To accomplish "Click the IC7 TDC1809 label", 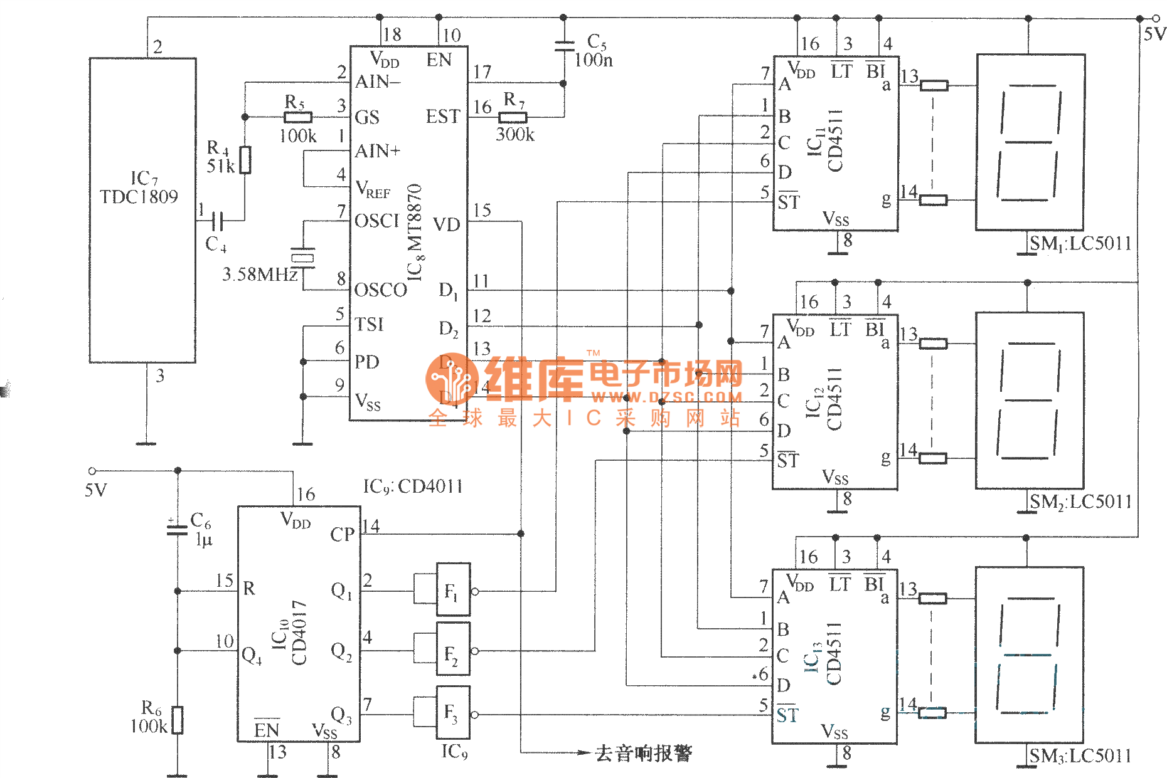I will click(x=139, y=187).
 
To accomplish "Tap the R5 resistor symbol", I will click(x=298, y=117).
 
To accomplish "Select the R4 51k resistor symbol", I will click(x=245, y=160).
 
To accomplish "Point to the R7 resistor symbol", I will click(x=513, y=117).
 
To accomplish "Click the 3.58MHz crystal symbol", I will click(x=303, y=257).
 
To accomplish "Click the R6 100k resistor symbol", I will click(x=178, y=720).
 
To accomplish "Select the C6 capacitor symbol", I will click(x=178, y=530).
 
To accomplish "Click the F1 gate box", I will click(x=452, y=591).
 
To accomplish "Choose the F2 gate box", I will click(x=452, y=651).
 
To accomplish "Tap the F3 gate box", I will click(x=452, y=714).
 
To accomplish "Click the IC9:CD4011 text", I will click(x=413, y=486).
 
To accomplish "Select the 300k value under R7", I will click(x=515, y=135).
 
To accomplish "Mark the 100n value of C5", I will click(x=594, y=60).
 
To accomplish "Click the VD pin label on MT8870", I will click(x=446, y=224).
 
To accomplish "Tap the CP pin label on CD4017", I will click(x=342, y=534).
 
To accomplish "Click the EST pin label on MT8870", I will click(x=442, y=117).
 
